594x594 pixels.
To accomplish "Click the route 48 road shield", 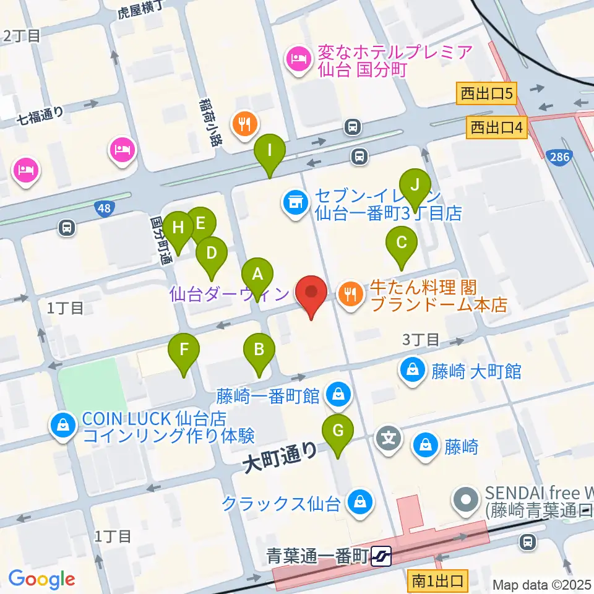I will [x=104, y=209].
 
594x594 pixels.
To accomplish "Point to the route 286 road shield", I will [x=559, y=158].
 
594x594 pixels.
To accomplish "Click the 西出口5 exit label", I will [x=487, y=93].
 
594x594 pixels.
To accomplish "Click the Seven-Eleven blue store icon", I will [x=295, y=202].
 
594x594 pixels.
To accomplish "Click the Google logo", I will [x=42, y=579].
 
